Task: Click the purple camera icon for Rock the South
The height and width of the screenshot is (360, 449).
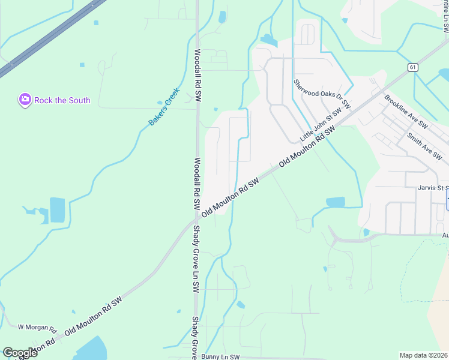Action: tap(25, 100)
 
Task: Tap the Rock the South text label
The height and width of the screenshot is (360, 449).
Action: tap(62, 100)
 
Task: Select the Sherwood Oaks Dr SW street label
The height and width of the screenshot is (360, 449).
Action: tap(321, 94)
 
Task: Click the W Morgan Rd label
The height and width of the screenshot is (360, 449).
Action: tap(37, 328)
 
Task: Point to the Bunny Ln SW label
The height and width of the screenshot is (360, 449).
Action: tap(221, 356)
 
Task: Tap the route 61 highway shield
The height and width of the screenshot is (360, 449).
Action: tap(412, 67)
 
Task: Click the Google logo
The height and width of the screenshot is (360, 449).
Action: tap(20, 353)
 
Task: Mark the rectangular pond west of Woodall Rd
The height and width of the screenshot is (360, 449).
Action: tap(58, 210)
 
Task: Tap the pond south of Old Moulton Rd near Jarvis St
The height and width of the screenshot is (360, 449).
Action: tap(336, 203)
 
